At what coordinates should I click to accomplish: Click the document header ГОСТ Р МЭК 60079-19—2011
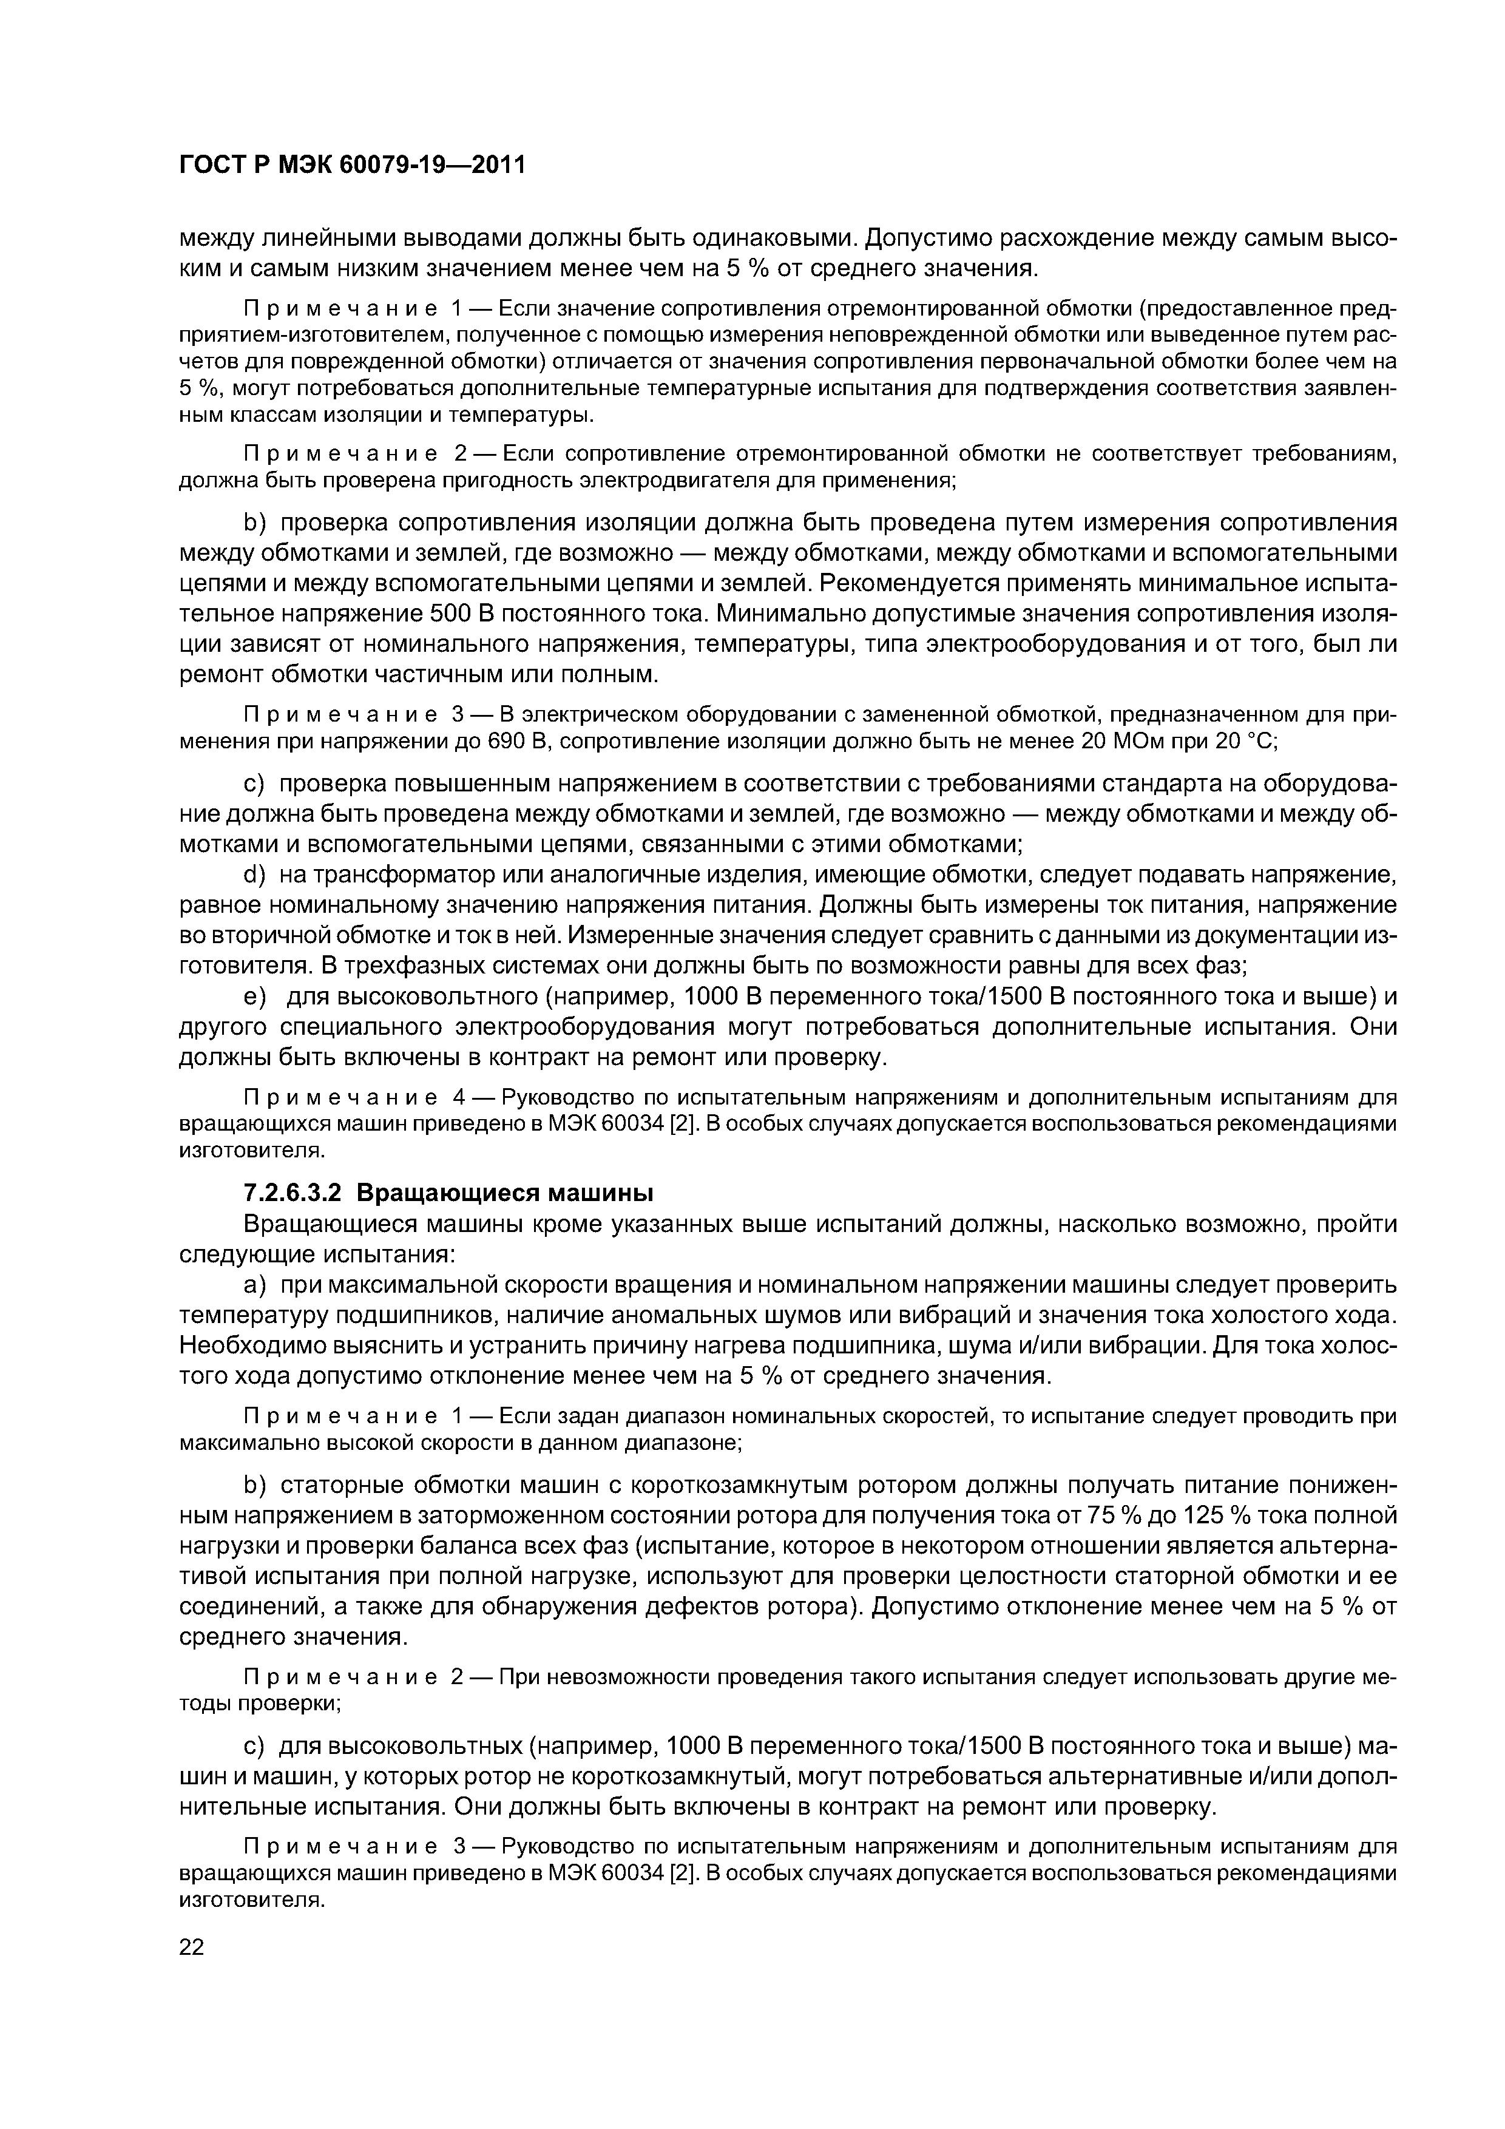351,165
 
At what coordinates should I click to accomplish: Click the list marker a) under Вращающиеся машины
254,1285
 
